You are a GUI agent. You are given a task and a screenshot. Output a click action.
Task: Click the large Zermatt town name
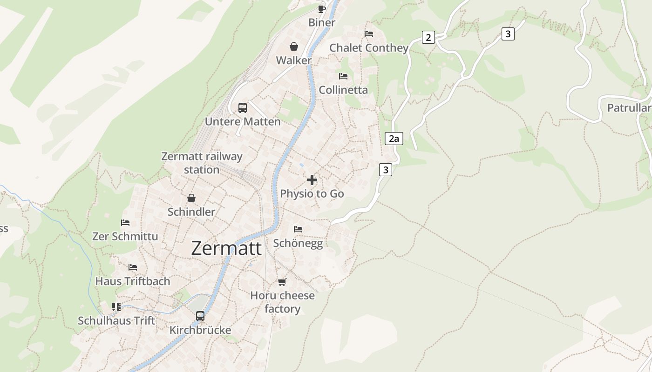226,248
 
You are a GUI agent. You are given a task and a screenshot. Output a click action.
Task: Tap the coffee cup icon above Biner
321,9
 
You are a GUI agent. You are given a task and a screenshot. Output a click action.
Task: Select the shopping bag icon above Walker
294,46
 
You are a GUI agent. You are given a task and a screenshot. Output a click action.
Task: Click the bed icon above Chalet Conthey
369,34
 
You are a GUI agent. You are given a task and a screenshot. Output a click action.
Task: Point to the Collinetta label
343,90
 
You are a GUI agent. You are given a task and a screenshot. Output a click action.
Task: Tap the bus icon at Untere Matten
243,108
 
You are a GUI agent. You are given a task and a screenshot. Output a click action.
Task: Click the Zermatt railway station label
202,163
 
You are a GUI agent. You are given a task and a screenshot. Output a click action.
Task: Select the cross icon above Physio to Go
312,180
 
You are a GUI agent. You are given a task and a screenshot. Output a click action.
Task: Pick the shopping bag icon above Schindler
191,199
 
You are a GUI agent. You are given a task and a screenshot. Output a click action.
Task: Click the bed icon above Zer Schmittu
125,223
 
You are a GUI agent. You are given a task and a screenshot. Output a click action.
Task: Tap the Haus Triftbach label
133,281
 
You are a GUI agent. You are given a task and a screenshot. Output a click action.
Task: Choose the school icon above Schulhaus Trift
116,307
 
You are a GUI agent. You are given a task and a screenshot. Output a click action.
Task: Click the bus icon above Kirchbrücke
200,316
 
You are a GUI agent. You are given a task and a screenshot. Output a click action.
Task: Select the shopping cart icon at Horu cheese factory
282,282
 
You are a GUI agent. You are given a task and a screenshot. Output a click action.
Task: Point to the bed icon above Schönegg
298,229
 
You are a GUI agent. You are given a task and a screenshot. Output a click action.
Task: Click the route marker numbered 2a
394,139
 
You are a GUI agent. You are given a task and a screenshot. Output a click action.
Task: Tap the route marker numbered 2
428,37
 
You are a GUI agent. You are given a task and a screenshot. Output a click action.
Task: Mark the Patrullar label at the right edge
629,108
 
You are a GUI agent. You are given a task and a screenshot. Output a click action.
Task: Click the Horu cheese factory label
282,302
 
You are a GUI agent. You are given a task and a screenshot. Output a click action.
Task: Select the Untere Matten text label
243,122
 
